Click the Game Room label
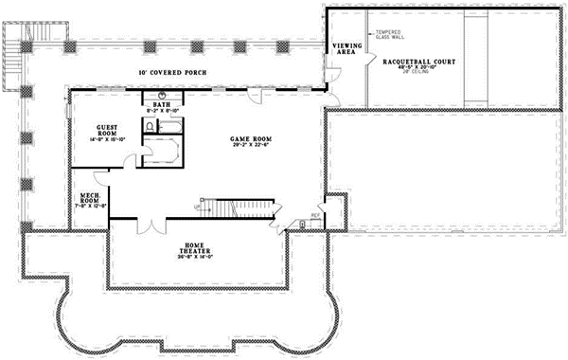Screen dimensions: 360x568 [x=246, y=140]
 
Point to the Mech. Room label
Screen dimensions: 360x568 [x=90, y=197]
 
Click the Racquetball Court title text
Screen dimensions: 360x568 [x=419, y=61]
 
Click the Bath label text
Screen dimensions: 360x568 [x=162, y=104]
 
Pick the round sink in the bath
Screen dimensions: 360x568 [x=162, y=96]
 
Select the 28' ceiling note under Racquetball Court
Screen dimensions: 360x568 [x=419, y=74]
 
